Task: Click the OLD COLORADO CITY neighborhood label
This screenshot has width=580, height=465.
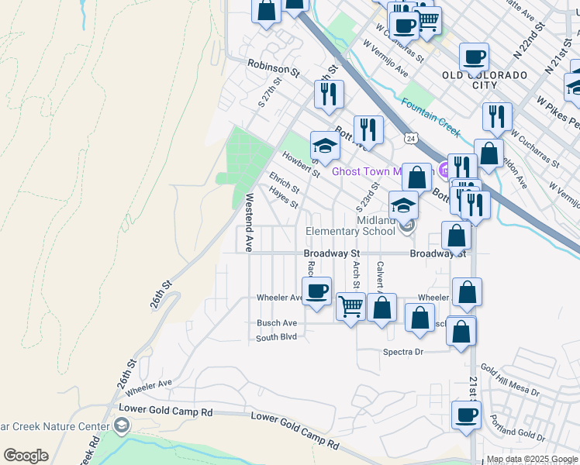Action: [485, 80]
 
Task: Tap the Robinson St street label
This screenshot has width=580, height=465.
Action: [273, 70]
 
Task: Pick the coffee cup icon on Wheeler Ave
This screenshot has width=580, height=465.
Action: [316, 291]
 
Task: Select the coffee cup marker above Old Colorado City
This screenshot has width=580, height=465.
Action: [474, 57]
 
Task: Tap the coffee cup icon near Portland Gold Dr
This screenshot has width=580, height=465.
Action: [466, 415]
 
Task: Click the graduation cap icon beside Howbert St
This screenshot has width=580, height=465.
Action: [325, 145]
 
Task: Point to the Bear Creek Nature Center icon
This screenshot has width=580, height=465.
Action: [121, 425]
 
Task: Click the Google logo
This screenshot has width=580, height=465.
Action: [26, 456]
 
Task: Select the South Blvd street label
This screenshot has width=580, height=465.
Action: [277, 337]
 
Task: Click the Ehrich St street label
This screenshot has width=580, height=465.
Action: [284, 184]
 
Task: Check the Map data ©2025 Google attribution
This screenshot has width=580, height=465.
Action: [532, 460]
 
